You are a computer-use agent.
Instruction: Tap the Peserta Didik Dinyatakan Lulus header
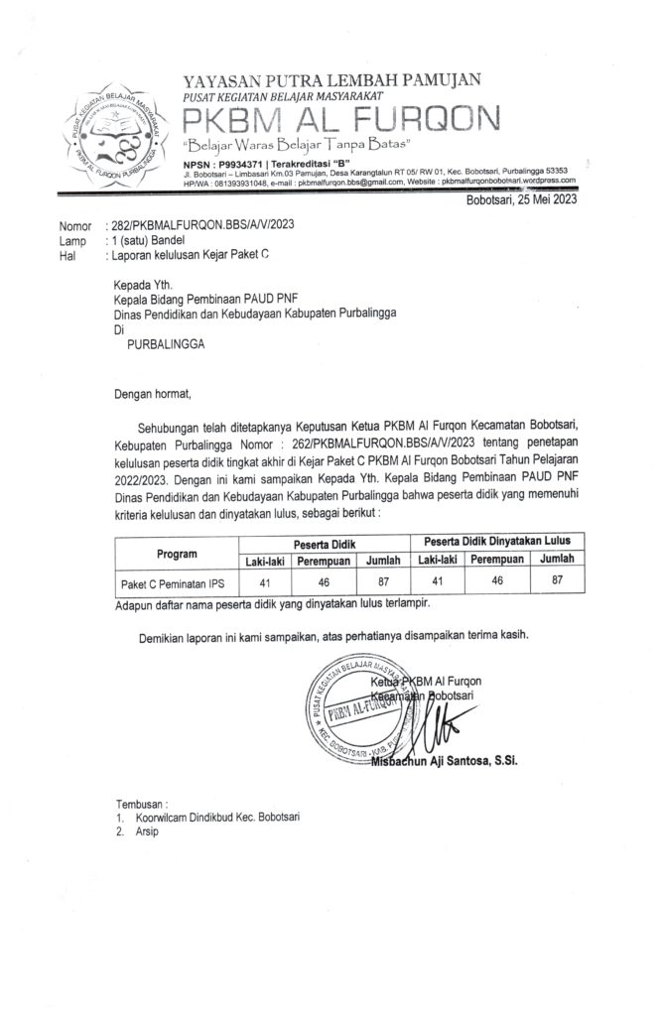[504, 542]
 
